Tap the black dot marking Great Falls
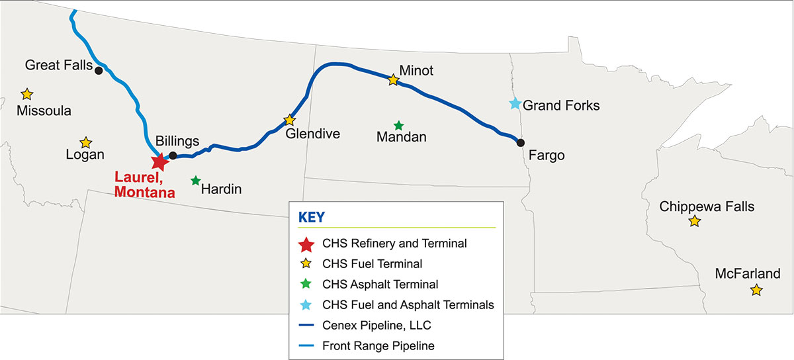click(98, 70)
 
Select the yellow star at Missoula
click(27, 94)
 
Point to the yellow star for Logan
click(85, 142)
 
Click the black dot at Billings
click(173, 156)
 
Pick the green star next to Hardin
click(196, 180)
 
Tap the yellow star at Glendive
click(289, 120)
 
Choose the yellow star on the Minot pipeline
click(393, 80)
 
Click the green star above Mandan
click(398, 125)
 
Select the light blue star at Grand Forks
click(515, 103)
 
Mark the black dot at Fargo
click(521, 142)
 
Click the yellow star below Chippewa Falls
click(694, 221)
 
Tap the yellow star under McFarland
click(756, 290)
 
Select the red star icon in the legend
click(306, 244)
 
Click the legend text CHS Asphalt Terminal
click(380, 285)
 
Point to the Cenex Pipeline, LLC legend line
click(305, 325)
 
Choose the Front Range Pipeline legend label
click(378, 345)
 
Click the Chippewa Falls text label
click(707, 206)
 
